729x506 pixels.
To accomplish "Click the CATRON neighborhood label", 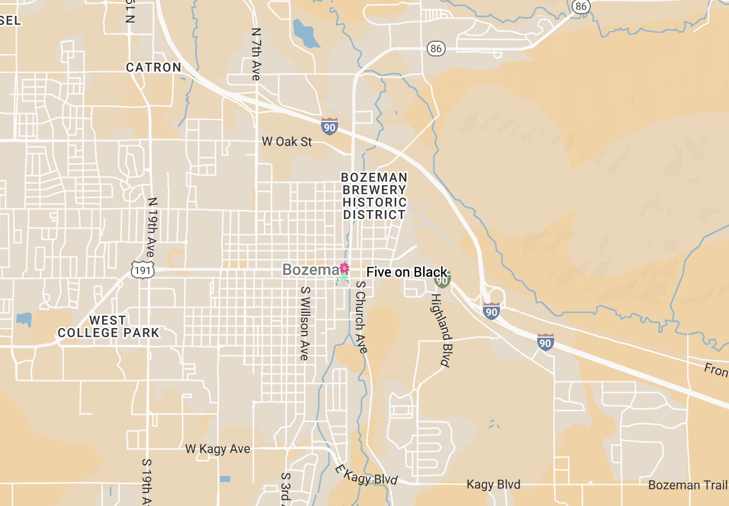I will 153,67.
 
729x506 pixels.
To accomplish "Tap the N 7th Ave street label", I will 256,54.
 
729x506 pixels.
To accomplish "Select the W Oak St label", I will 287,141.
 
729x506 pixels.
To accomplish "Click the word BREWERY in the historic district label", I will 374,190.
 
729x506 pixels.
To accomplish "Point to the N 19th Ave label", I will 152,227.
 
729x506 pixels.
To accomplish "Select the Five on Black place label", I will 406,272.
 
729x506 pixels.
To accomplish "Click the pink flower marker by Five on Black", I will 344,268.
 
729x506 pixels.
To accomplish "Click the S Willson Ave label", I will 305,323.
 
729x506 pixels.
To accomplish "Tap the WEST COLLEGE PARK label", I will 108,326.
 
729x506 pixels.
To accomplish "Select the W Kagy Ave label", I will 218,449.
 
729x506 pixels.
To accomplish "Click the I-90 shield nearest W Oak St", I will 330,125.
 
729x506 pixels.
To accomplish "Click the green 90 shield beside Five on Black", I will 442,279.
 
